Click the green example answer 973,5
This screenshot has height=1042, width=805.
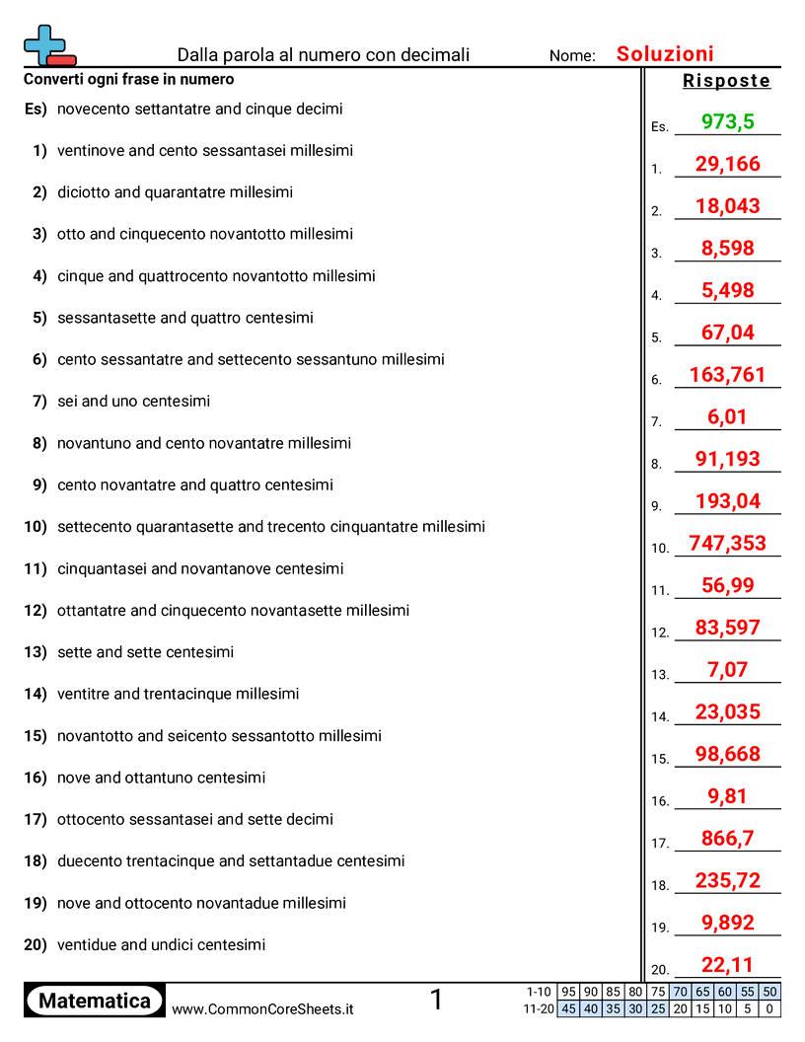pyautogui.click(x=728, y=121)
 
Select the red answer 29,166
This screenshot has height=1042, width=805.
pyautogui.click(x=728, y=164)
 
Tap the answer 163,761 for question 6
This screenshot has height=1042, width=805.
pyautogui.click(x=728, y=375)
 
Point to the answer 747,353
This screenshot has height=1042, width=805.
pyautogui.click(x=728, y=543)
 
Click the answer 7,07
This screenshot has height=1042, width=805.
pyautogui.click(x=728, y=669)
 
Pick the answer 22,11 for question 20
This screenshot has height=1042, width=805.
pyautogui.click(x=728, y=964)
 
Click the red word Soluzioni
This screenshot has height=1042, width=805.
pyautogui.click(x=665, y=54)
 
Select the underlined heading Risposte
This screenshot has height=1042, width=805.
pyautogui.click(x=726, y=81)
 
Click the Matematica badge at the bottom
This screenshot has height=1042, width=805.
pyautogui.click(x=95, y=1001)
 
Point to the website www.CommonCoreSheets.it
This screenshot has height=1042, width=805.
pyautogui.click(x=262, y=1009)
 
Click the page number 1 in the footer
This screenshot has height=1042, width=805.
pyautogui.click(x=436, y=1001)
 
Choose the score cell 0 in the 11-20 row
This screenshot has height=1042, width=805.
pyautogui.click(x=769, y=1008)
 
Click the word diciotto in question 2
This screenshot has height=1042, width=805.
pyautogui.click(x=84, y=192)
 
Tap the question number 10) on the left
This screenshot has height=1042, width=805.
pyautogui.click(x=36, y=527)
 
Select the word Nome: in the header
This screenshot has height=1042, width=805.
pyautogui.click(x=572, y=56)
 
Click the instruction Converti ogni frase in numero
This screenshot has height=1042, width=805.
pyautogui.click(x=129, y=79)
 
